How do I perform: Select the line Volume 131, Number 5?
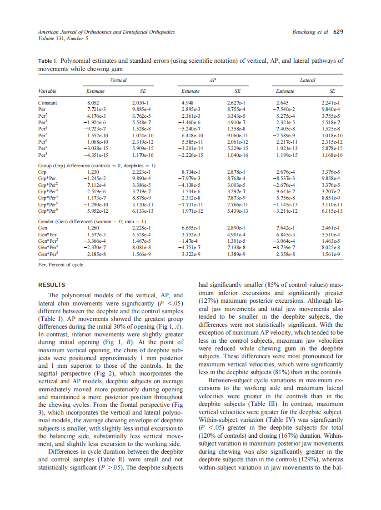click(x=63, y=39)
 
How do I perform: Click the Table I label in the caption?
click(x=47, y=60)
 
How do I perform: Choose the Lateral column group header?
click(x=308, y=80)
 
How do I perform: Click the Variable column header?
click(x=48, y=91)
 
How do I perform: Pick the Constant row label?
click(x=48, y=103)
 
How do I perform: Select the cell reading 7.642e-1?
click(x=285, y=227)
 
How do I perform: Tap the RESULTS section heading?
click(x=51, y=285)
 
